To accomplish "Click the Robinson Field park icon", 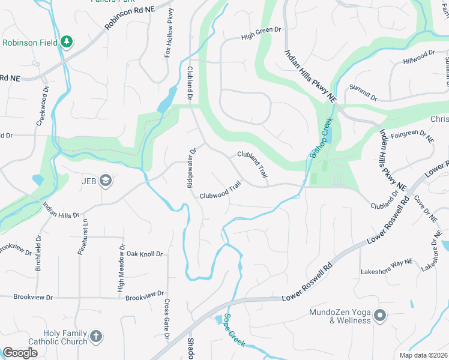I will tap(67, 42).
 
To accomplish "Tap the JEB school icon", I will tap(106, 180).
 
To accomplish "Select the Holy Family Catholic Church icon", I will tap(97, 337).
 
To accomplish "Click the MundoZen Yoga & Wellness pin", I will tap(379, 315).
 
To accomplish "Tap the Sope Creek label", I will tap(234, 330).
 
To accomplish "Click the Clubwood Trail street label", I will tap(220, 192).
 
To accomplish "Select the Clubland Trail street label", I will tap(252, 164).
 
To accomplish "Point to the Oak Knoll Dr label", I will tap(143, 254).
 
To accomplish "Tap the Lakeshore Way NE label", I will tap(387, 272).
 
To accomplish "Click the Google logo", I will tap(20, 353).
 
